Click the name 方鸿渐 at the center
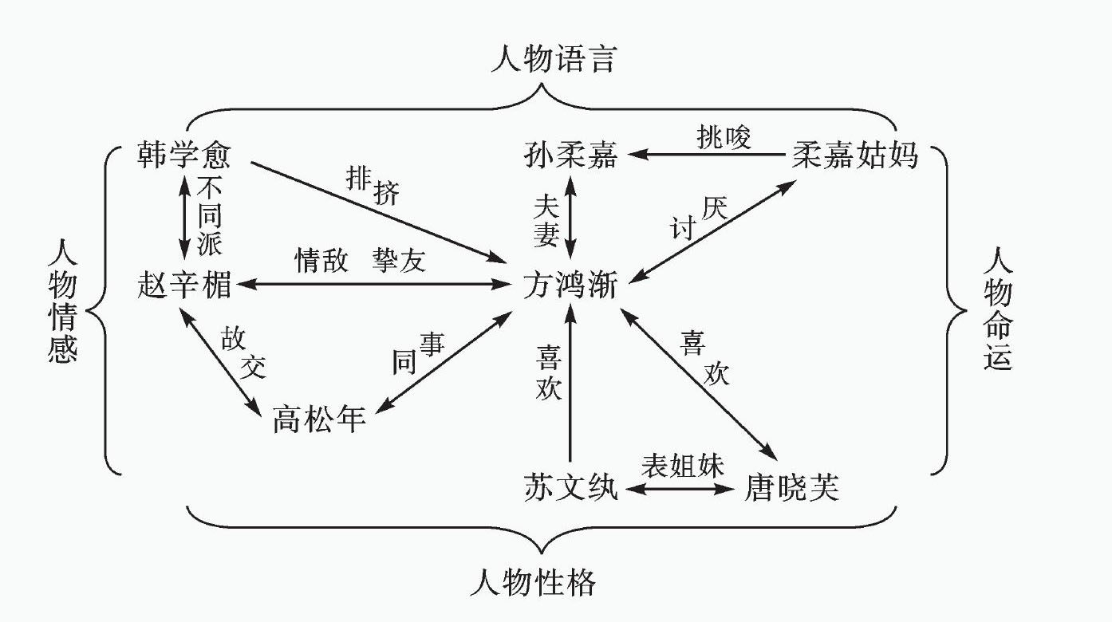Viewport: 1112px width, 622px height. [x=570, y=285]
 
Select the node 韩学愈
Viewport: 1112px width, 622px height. [x=183, y=155]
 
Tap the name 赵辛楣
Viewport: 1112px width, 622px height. [x=183, y=285]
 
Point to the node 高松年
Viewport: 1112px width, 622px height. [x=319, y=417]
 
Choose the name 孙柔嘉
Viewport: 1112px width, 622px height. [x=570, y=155]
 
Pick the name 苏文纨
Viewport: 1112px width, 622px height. [x=570, y=486]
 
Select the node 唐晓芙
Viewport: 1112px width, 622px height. [x=793, y=486]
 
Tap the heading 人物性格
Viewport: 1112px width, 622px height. [x=533, y=584]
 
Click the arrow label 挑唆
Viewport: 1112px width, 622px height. [x=723, y=139]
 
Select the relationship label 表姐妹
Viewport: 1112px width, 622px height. [x=684, y=466]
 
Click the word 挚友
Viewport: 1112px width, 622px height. [x=399, y=261]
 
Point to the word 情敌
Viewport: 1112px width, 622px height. [x=321, y=261]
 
